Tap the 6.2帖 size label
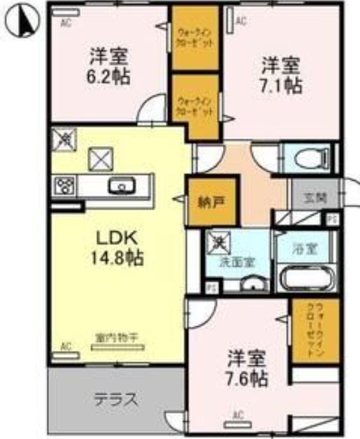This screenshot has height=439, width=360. (x=110, y=76)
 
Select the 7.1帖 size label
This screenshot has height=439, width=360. (x=281, y=85)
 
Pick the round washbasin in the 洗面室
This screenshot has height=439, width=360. (x=256, y=285)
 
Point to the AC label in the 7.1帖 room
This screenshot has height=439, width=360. (x=241, y=21)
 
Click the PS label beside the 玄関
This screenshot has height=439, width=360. (x=331, y=219)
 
